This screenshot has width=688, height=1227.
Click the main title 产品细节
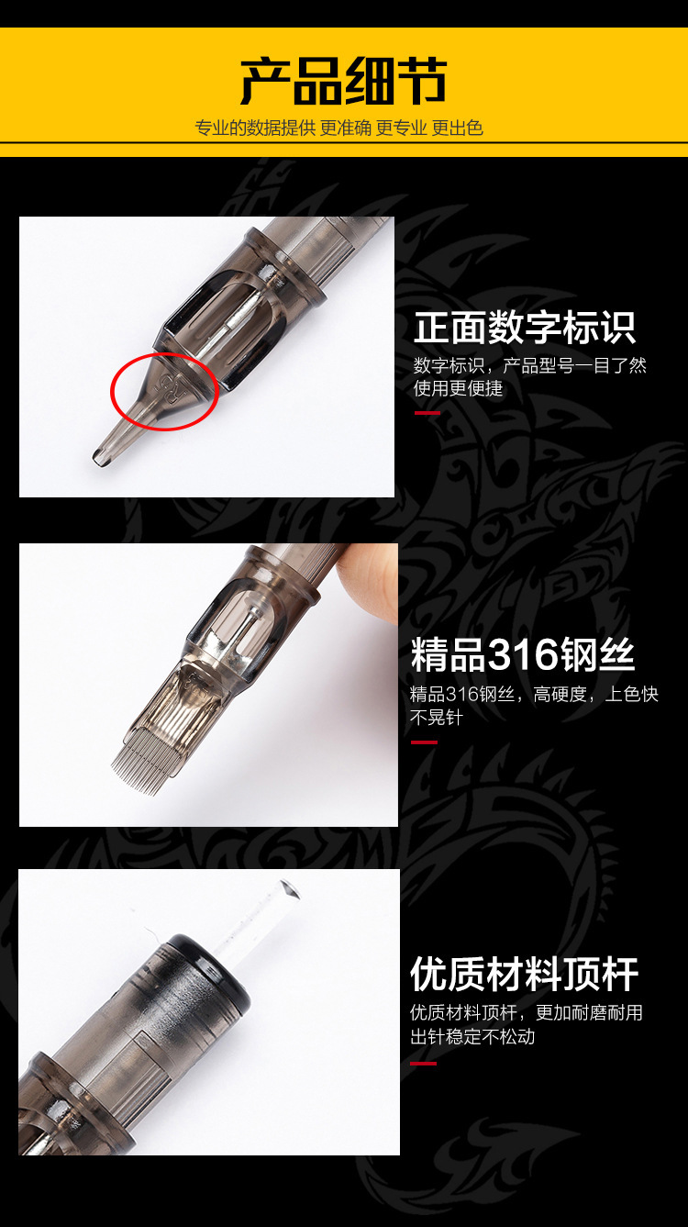(x=343, y=81)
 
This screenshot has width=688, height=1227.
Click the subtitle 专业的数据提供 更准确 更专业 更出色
(x=338, y=128)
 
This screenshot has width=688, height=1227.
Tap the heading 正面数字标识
(x=525, y=328)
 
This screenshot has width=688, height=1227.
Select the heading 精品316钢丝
(x=523, y=654)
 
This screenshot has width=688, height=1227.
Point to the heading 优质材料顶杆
(x=525, y=975)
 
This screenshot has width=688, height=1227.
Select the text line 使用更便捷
(x=458, y=389)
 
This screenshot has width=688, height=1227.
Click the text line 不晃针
(x=437, y=717)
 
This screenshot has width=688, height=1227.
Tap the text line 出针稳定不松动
(x=472, y=1036)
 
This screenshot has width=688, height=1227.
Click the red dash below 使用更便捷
(x=427, y=413)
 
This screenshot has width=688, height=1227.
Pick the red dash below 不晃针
(x=424, y=742)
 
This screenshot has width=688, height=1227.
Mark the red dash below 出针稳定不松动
(x=424, y=1064)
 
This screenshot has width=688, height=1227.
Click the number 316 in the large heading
(x=522, y=655)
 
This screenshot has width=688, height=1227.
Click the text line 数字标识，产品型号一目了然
(x=530, y=365)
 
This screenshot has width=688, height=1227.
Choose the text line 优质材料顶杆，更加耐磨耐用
(x=527, y=1012)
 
